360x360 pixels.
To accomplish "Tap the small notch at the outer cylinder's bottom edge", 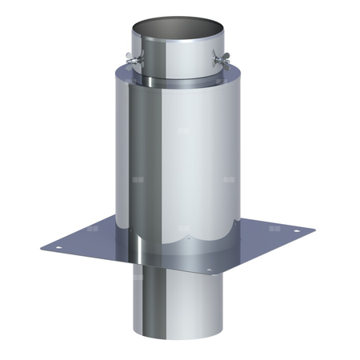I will click(x=186, y=238).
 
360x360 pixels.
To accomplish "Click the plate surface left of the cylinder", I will click(x=96, y=242).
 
